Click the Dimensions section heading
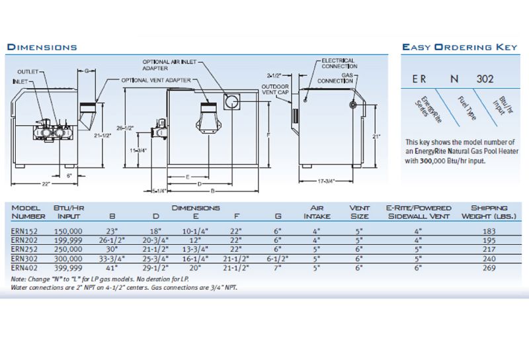click(x=42, y=47)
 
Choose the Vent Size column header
click(x=360, y=212)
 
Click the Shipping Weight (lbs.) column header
click(x=489, y=212)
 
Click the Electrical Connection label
click(x=338, y=64)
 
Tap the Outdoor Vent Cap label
click(x=274, y=91)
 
